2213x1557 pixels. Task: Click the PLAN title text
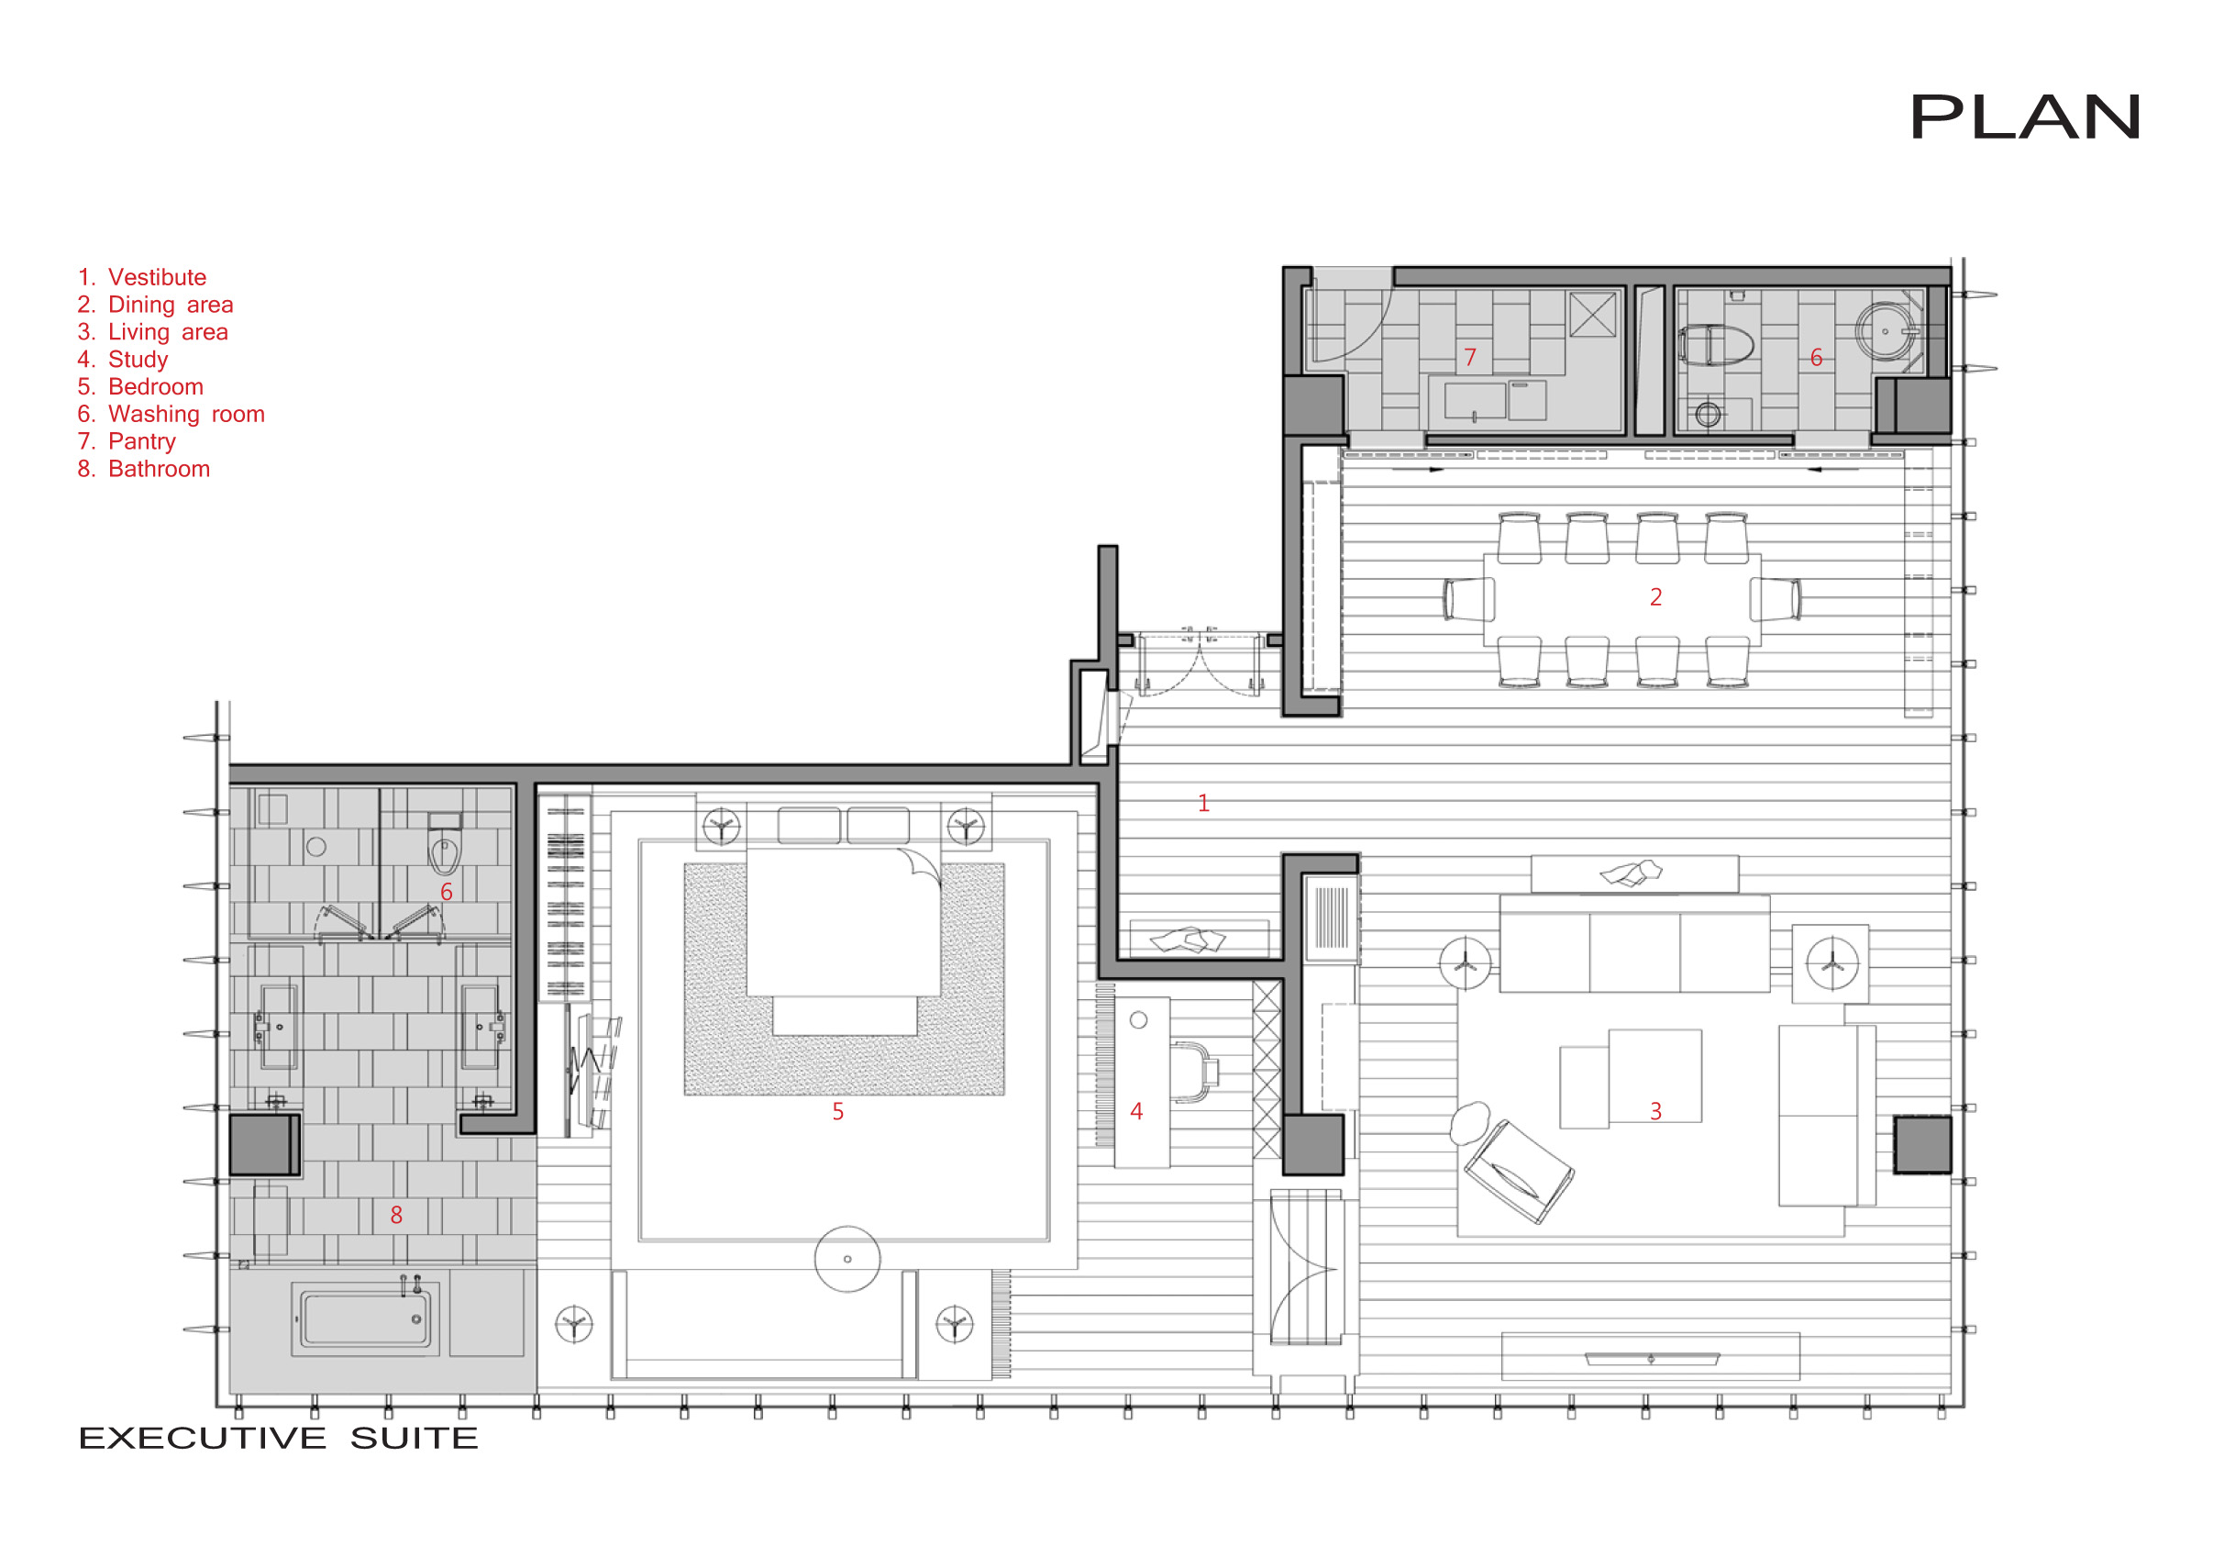[x=2024, y=117]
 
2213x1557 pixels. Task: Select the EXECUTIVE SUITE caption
[x=278, y=1438]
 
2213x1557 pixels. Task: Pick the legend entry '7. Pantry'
[x=127, y=441]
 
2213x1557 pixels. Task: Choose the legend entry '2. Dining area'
[x=155, y=305]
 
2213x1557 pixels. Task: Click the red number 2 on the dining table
[x=1654, y=597]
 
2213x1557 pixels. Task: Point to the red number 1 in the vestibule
[x=1203, y=803]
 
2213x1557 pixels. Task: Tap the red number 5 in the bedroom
[x=837, y=1112]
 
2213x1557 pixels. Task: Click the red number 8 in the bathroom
[x=396, y=1215]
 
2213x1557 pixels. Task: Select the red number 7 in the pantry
[x=1470, y=358]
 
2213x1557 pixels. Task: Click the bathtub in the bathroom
[x=365, y=1318]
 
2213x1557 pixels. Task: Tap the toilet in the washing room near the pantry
[x=1717, y=345]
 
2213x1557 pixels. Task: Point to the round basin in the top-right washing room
[x=1886, y=331]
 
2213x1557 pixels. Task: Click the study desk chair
[x=1195, y=1071]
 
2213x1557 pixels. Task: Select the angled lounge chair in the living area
[x=1517, y=1172]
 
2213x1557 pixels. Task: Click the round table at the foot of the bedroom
[x=847, y=1259]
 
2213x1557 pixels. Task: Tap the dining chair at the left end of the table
[x=1469, y=599]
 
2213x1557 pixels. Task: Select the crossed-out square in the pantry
[x=1592, y=315]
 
